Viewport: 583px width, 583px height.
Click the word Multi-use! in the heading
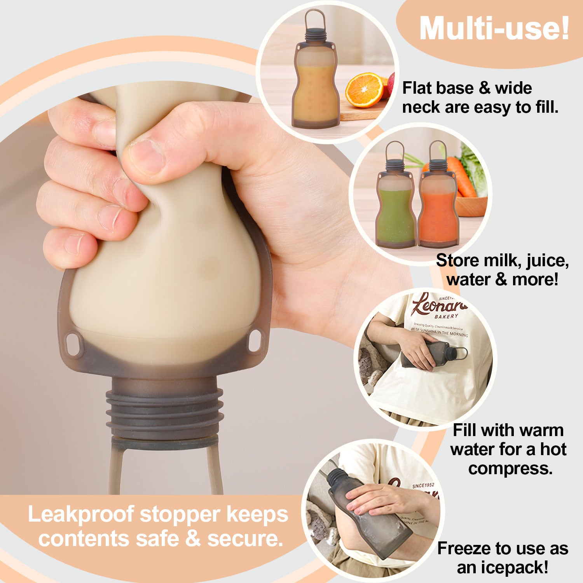pyautogui.click(x=494, y=29)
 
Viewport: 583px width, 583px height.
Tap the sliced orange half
pyautogui.click(x=364, y=90)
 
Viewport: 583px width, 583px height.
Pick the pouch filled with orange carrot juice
pyautogui.click(x=438, y=210)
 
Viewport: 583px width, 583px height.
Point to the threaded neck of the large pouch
pyautogui.click(x=165, y=408)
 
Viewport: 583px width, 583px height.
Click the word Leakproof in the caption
pyautogui.click(x=81, y=514)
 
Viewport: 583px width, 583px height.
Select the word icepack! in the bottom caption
pyautogui.click(x=503, y=567)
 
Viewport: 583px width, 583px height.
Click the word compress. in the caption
pyautogui.click(x=510, y=468)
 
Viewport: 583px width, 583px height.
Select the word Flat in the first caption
pyautogui.click(x=416, y=88)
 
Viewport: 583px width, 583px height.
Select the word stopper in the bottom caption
pyautogui.click(x=180, y=514)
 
